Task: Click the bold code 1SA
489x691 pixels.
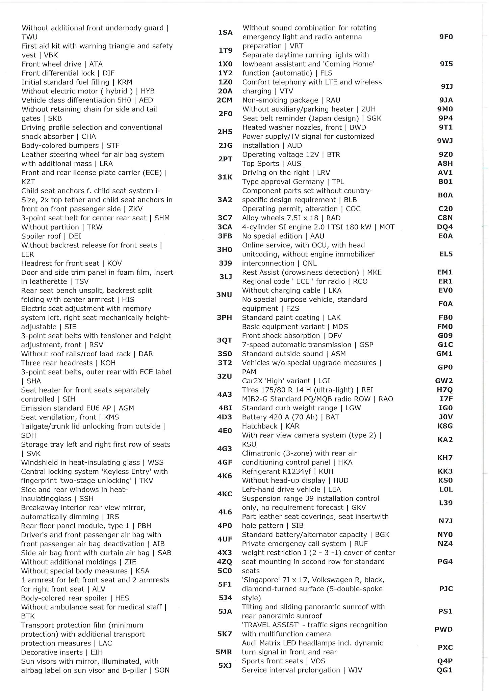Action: (x=225, y=32)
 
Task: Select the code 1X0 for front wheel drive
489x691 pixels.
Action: (x=225, y=64)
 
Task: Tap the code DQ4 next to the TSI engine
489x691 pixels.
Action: (x=445, y=227)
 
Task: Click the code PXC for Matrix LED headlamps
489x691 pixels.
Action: (x=445, y=647)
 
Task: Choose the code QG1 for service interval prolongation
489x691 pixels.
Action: (x=444, y=670)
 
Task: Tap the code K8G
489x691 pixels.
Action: (x=445, y=426)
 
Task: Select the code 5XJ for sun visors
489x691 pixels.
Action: (x=225, y=666)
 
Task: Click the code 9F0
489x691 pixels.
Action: (x=446, y=37)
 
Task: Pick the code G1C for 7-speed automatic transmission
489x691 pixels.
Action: (x=445, y=344)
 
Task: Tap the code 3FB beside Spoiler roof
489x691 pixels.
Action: (x=225, y=236)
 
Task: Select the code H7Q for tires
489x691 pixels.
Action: (x=445, y=390)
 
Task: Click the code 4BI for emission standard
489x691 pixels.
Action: (x=225, y=408)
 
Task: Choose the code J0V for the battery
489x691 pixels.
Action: (x=445, y=417)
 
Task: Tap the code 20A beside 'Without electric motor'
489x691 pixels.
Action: (x=225, y=91)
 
